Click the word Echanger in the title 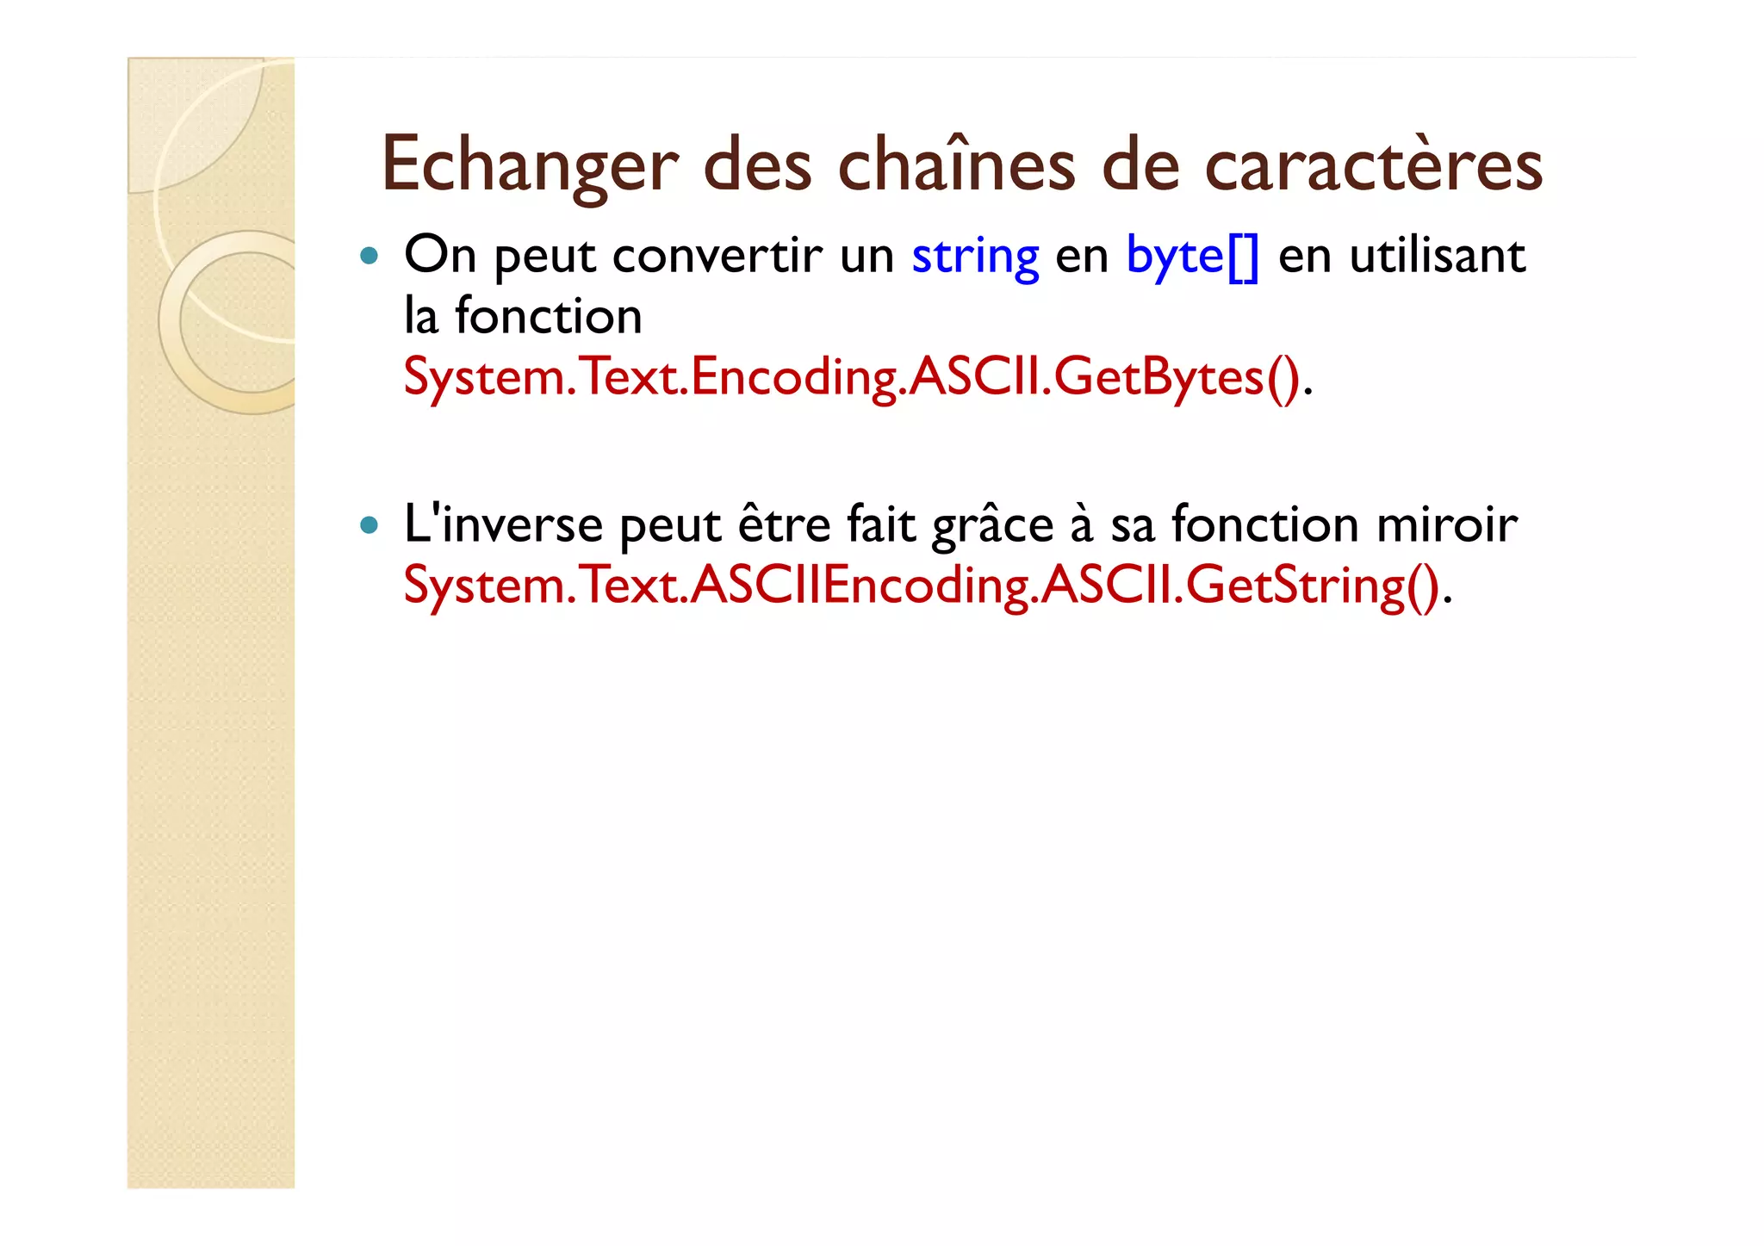[x=529, y=165]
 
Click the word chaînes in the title [x=956, y=165]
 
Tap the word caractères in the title [x=1373, y=165]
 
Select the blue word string [x=975, y=257]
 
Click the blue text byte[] [x=1192, y=257]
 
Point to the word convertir [x=717, y=257]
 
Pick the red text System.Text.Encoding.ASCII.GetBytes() [x=851, y=378]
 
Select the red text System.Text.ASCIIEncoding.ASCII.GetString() [x=921, y=586]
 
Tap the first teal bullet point [x=370, y=256]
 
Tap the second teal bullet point [x=370, y=525]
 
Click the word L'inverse [x=503, y=525]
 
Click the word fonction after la [x=548, y=317]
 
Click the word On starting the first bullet [x=439, y=257]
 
